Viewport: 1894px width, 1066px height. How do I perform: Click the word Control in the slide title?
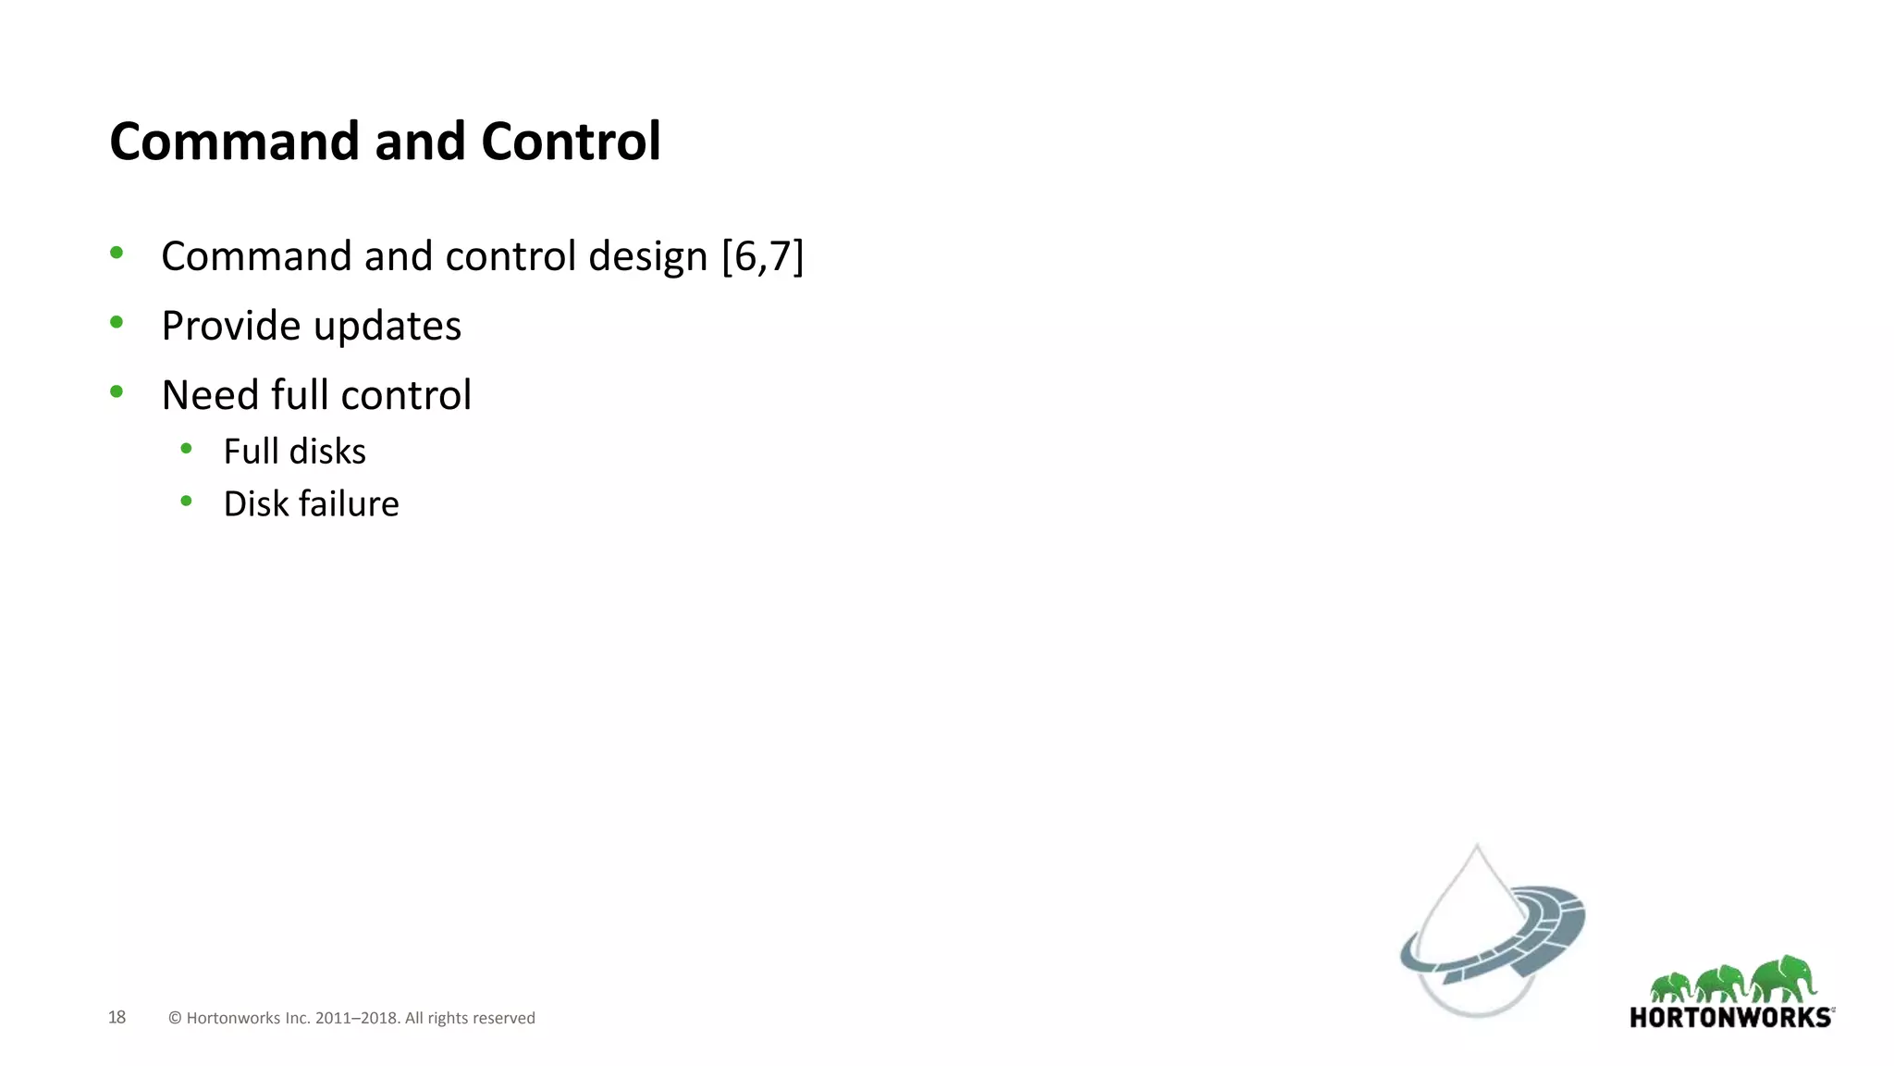[571, 142]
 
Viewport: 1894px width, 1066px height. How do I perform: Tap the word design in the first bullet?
[647, 257]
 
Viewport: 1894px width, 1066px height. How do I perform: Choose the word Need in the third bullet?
[209, 395]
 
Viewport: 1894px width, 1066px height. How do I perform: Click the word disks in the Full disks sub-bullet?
[327, 452]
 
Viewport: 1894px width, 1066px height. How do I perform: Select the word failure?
[349, 504]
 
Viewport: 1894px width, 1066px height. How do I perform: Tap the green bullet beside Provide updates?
[117, 322]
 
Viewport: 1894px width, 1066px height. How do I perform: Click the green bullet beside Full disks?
[187, 449]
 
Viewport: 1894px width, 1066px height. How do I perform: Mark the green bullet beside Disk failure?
[187, 501]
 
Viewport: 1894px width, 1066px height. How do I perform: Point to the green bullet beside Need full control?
[117, 391]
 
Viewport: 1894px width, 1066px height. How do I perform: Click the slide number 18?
[117, 1017]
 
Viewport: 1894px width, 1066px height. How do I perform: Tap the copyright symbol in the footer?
[175, 1018]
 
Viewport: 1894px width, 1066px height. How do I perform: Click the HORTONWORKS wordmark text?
[1730, 1018]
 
